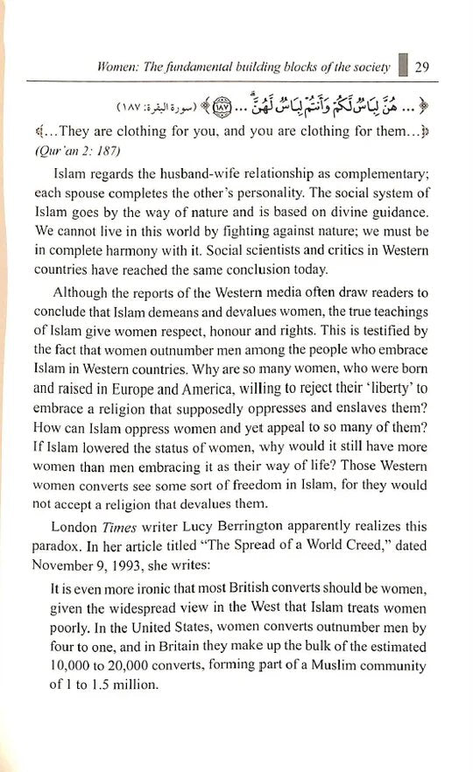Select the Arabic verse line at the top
tap(236, 109)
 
